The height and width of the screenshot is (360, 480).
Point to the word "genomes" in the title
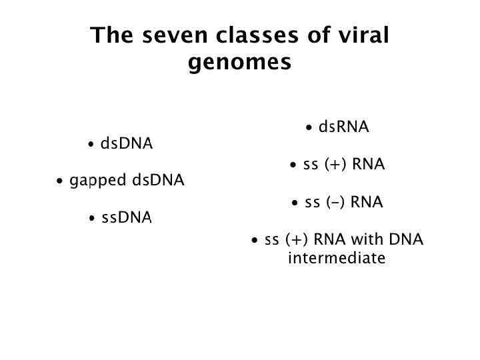(x=240, y=63)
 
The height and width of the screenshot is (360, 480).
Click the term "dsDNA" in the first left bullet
(x=127, y=144)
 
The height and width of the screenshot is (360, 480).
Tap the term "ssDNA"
(x=127, y=218)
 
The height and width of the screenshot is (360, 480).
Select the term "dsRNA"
(x=343, y=127)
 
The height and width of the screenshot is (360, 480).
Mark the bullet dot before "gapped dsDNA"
(x=61, y=181)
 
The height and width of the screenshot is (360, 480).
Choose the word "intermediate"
(x=337, y=258)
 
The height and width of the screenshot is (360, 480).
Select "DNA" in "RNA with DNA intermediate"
(x=405, y=239)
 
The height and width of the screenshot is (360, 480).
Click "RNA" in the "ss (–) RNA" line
(x=367, y=202)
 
